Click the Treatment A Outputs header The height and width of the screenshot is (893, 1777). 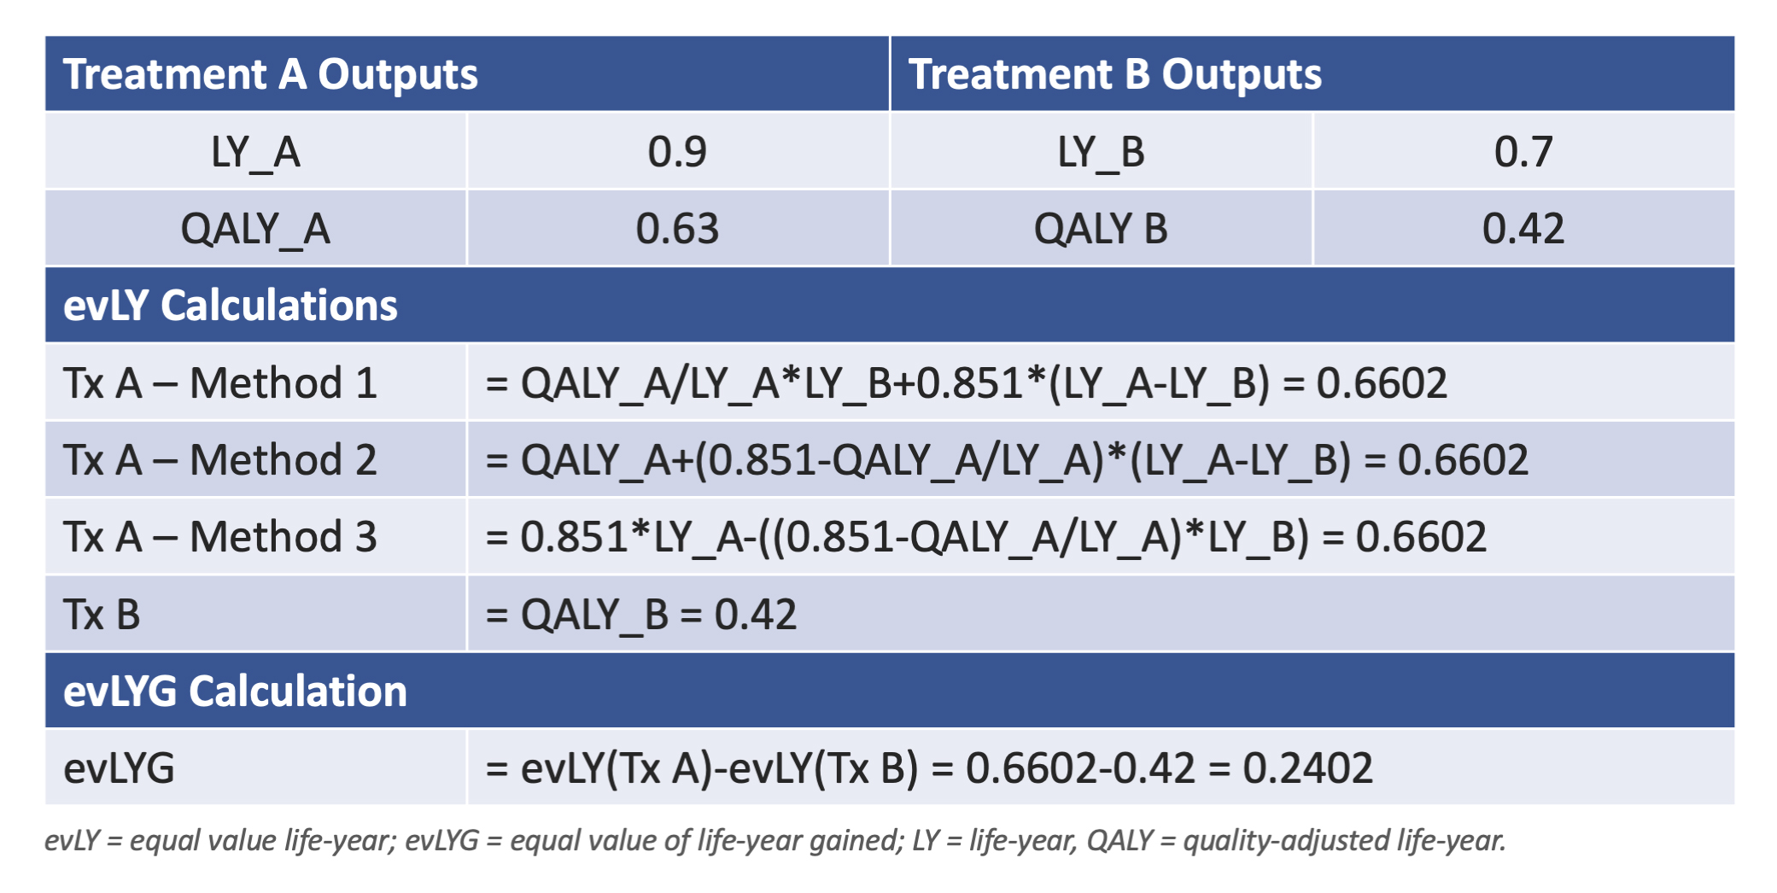(270, 75)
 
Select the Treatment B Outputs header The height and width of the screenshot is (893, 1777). (1114, 75)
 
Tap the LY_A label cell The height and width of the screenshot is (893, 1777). (255, 153)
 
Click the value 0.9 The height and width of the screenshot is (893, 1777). (677, 152)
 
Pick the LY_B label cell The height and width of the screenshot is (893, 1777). (1101, 153)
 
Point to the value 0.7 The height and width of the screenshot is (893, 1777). (1523, 152)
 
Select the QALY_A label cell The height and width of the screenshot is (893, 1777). (255, 230)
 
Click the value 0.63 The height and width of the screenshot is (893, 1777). (677, 229)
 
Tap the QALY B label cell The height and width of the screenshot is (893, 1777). (1101, 229)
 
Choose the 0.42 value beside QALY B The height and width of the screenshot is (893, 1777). (1523, 229)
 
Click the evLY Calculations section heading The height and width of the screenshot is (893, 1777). (231, 306)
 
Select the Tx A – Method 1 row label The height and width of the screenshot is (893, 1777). (220, 382)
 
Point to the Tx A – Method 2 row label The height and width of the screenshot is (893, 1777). (220, 459)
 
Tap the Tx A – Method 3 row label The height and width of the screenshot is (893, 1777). (220, 536)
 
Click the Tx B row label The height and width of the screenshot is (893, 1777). (102, 615)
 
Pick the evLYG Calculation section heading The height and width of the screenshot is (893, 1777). (235, 692)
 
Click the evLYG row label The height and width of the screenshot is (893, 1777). (119, 768)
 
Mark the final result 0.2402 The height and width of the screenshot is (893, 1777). (1307, 768)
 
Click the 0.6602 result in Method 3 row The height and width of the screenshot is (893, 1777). (1421, 537)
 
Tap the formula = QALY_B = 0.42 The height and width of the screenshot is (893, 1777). (641, 616)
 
